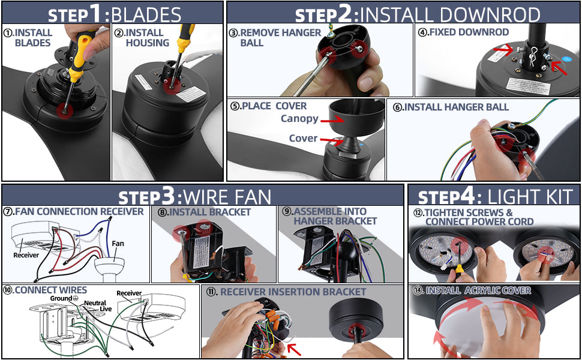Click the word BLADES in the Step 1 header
click(146, 15)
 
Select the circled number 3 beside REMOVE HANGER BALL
click(233, 32)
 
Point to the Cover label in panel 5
click(303, 138)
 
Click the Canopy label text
click(299, 119)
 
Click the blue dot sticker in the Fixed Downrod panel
click(566, 59)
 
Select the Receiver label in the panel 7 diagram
click(26, 255)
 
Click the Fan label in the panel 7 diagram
click(118, 244)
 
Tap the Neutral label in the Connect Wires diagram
click(95, 303)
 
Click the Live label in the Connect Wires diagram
click(106, 309)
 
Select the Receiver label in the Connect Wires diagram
click(129, 293)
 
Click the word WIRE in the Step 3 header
click(204, 197)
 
